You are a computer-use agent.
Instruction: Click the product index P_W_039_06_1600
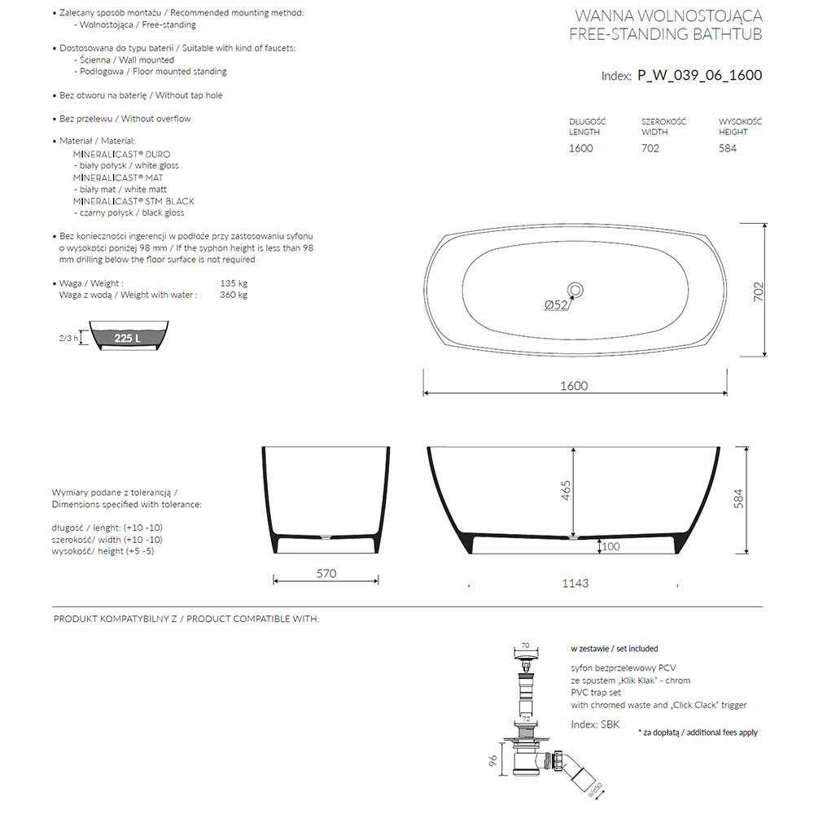coord(699,76)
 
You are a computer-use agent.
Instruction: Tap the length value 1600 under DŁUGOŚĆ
coord(580,148)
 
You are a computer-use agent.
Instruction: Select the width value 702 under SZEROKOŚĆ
coord(650,148)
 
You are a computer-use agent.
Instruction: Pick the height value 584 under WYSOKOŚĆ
coord(728,148)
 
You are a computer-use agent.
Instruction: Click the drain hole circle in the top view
coord(575,289)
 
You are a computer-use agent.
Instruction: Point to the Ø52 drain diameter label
coord(556,305)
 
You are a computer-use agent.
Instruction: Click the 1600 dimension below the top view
coord(573,386)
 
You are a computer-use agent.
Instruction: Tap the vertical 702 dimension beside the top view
coord(756,291)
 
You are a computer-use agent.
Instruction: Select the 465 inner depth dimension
coord(566,491)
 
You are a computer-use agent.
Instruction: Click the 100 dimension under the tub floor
coord(610,546)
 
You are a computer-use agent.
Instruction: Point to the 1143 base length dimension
coord(575,583)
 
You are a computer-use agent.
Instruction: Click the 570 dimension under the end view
coord(326,573)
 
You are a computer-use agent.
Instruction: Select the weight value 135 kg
coord(234,283)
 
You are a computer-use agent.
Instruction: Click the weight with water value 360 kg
coord(234,295)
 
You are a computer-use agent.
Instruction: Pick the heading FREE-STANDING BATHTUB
coord(666,33)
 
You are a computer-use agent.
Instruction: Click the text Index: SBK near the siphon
coord(595,724)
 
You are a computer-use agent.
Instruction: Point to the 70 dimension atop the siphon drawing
coord(526,644)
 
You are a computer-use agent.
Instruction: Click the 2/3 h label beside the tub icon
coord(68,338)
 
